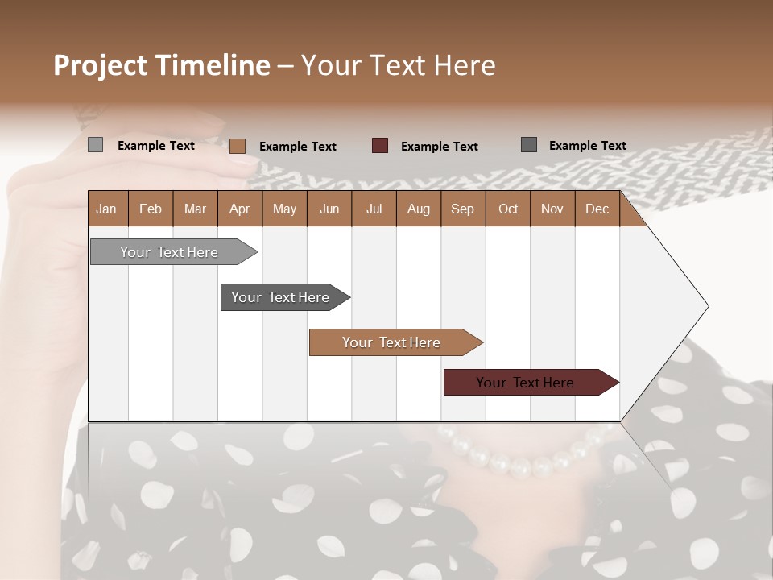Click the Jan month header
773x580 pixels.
[x=106, y=209]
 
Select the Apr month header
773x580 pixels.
[x=239, y=209]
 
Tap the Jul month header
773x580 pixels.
[x=374, y=209]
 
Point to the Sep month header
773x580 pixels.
[x=462, y=209]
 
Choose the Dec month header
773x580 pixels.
[x=597, y=209]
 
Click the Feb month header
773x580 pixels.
[x=151, y=209]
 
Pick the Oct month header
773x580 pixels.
[x=508, y=209]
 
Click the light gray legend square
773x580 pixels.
[x=95, y=145]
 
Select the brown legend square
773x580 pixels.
[x=238, y=146]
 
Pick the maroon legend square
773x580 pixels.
[x=380, y=146]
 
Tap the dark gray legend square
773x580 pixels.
[x=529, y=145]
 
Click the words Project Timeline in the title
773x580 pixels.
[x=161, y=65]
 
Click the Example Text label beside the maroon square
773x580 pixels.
[x=439, y=147]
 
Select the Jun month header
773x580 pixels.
[x=329, y=209]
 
